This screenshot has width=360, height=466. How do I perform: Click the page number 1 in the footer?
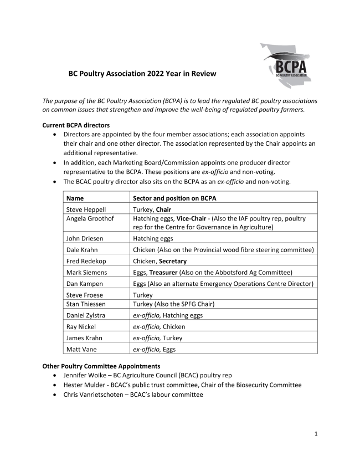316,433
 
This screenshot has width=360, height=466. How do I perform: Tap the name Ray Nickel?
83,327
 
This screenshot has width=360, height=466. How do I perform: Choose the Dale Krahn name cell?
83,250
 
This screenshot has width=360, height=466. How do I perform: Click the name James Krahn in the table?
85,338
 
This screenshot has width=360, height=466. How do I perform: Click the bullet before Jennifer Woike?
54,376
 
